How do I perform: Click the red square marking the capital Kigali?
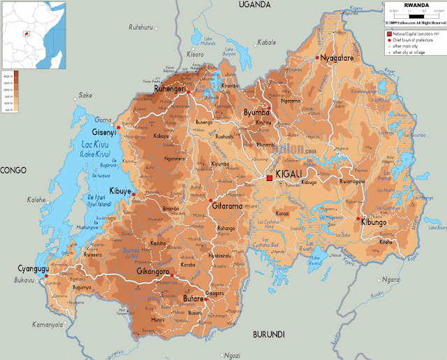270,178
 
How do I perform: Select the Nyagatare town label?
337,58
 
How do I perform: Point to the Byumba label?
256,113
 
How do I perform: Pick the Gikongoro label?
154,270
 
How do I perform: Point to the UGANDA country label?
254,5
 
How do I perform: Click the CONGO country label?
13,170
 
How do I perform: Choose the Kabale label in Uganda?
265,43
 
